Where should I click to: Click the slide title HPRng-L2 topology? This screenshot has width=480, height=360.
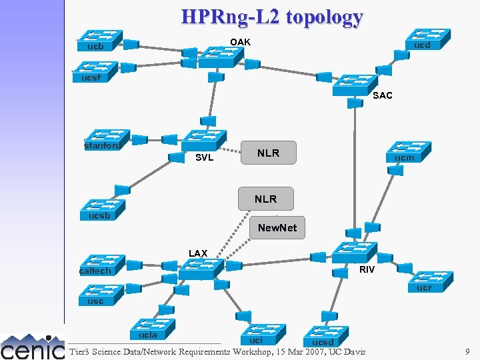coord(272,17)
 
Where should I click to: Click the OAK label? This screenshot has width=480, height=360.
coord(240,42)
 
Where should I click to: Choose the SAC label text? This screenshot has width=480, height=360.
coord(383,95)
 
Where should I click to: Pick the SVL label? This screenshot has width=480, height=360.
coord(204,158)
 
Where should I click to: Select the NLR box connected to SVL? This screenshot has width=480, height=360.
coord(268,153)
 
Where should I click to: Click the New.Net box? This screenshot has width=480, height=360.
coord(277,228)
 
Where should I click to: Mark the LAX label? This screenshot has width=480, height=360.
coord(198,253)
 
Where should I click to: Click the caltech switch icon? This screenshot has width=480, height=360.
coord(101,264)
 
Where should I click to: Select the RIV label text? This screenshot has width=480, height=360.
coord(367,269)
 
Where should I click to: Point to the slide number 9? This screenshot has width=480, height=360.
coord(468,351)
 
